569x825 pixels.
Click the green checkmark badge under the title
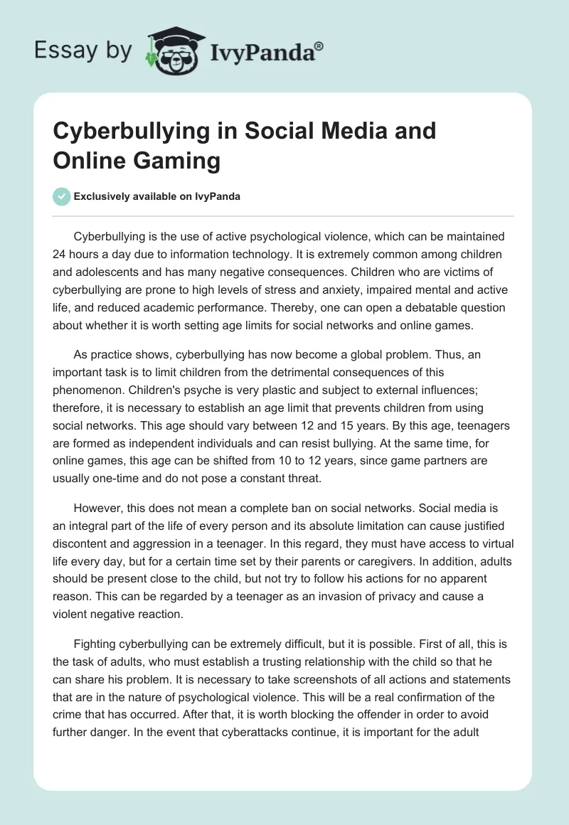point(62,196)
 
